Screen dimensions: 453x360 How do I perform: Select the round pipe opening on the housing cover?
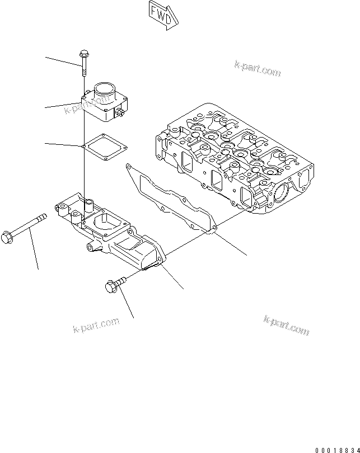106,88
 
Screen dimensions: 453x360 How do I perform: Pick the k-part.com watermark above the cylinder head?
257,69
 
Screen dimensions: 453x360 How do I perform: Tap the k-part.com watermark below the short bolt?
96,325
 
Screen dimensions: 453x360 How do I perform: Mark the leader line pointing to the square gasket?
64,145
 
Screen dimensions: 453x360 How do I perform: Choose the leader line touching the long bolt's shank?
35,252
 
